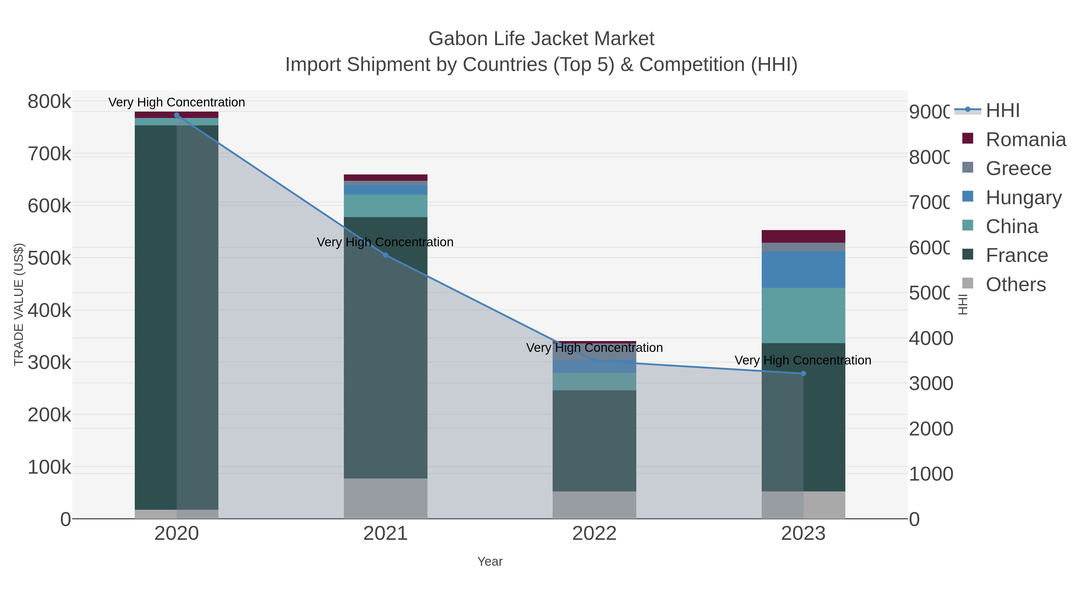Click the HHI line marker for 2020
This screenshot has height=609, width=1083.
point(177,115)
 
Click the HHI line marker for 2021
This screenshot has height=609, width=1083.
point(386,255)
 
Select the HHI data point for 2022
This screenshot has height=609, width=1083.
point(594,361)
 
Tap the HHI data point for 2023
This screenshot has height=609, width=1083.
point(803,374)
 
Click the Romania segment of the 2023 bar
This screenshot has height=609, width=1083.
point(803,236)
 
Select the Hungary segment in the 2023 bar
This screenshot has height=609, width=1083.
point(803,269)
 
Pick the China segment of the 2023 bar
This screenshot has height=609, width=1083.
point(803,315)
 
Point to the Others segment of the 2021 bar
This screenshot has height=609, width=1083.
point(386,498)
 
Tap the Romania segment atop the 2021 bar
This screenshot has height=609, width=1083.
point(386,177)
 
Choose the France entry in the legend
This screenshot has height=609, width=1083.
point(1016,256)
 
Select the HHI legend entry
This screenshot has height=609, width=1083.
point(1002,111)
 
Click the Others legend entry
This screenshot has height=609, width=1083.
point(1015,285)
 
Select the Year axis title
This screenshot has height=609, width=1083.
point(490,561)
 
